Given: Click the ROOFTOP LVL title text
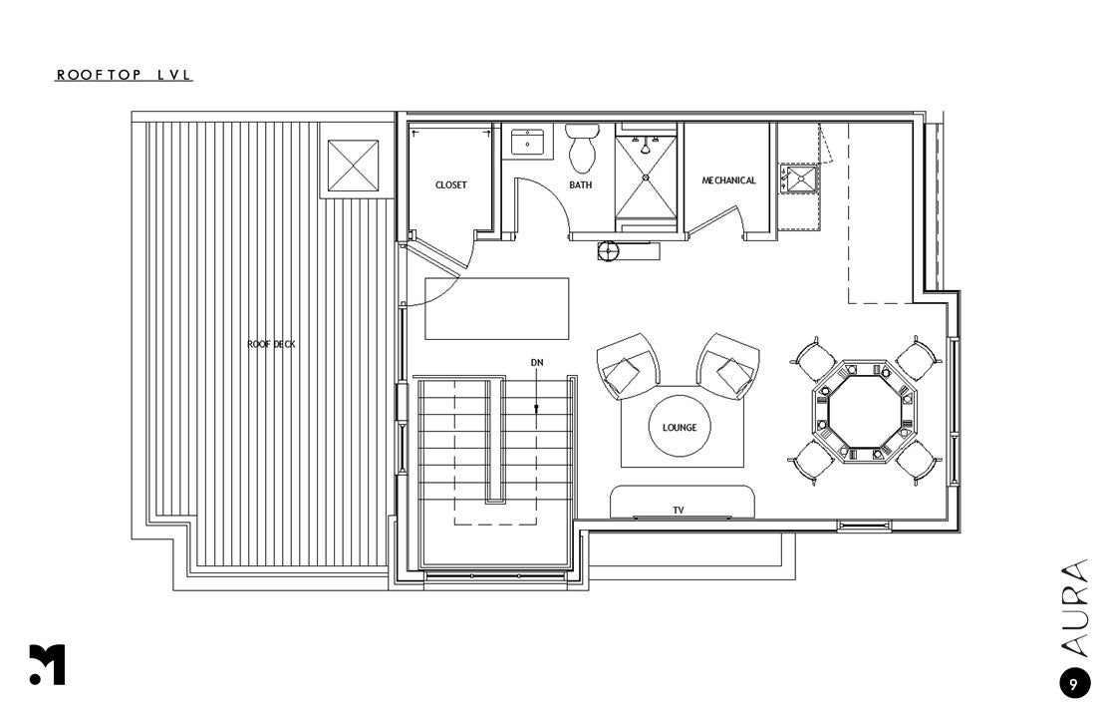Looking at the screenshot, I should point(124,75).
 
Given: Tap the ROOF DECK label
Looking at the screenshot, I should point(271,344).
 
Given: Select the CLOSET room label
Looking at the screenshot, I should point(450,185).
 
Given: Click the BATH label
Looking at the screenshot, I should point(580,185).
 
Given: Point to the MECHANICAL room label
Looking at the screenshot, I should point(728,180).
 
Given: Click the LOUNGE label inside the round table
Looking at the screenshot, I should point(680,428).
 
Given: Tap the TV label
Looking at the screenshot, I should point(679,511).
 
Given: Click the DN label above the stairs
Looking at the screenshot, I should point(537,362).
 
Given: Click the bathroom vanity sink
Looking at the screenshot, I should point(527,143).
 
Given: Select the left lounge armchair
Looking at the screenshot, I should point(628,366).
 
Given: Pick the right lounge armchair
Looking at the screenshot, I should point(728,365).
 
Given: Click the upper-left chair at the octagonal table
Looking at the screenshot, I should point(813,357).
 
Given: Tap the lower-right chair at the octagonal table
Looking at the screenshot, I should point(915,463).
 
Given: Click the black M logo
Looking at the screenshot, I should point(47,664).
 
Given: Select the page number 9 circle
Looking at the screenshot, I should point(1073,684).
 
